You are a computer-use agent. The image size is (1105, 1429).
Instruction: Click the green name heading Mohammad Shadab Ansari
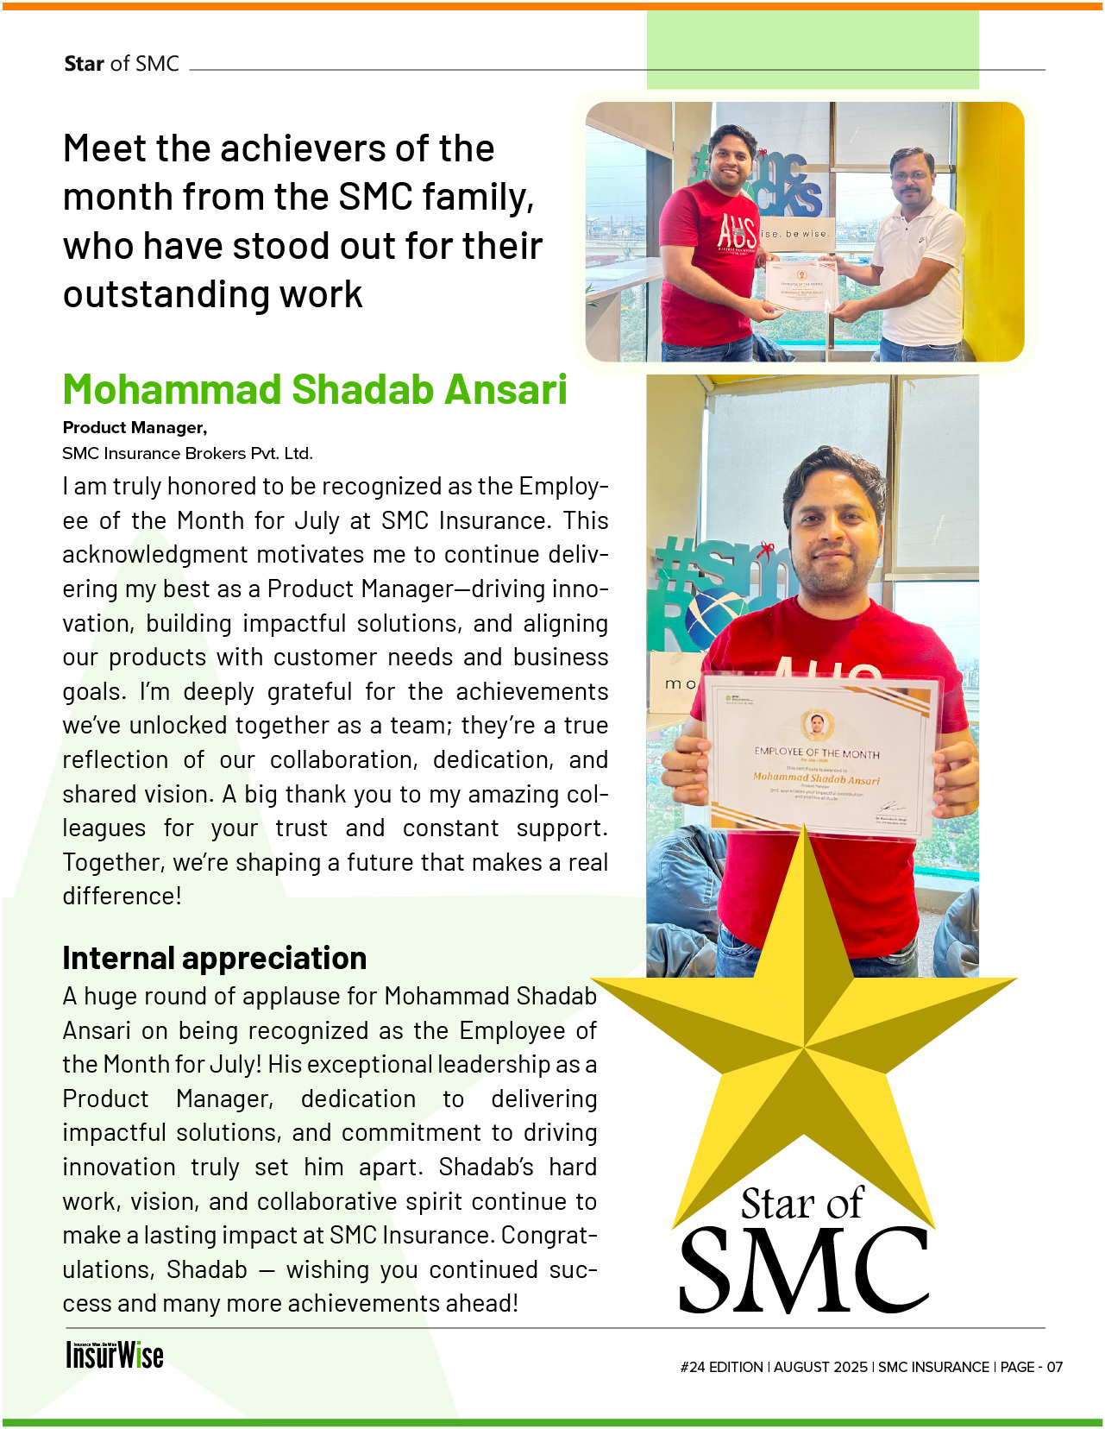click(315, 389)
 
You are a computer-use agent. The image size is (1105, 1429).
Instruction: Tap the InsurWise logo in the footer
click(115, 1355)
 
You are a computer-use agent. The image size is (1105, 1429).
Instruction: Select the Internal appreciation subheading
click(214, 958)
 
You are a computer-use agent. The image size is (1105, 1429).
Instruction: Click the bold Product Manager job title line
click(135, 428)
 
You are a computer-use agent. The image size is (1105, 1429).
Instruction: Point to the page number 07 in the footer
click(1055, 1367)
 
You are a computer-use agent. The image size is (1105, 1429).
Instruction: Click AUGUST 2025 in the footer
click(820, 1367)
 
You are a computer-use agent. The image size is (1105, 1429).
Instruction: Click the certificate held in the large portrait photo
click(819, 755)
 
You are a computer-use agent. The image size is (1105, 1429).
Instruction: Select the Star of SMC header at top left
click(122, 64)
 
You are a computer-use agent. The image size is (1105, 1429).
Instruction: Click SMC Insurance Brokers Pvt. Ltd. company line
click(187, 454)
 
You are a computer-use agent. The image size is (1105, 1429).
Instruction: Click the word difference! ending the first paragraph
click(122, 897)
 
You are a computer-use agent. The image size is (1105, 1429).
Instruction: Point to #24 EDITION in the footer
click(721, 1367)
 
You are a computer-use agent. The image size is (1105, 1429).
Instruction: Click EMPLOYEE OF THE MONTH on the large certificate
click(817, 752)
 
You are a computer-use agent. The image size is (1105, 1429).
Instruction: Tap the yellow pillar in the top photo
click(992, 224)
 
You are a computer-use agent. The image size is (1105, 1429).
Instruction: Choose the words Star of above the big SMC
click(801, 1204)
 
